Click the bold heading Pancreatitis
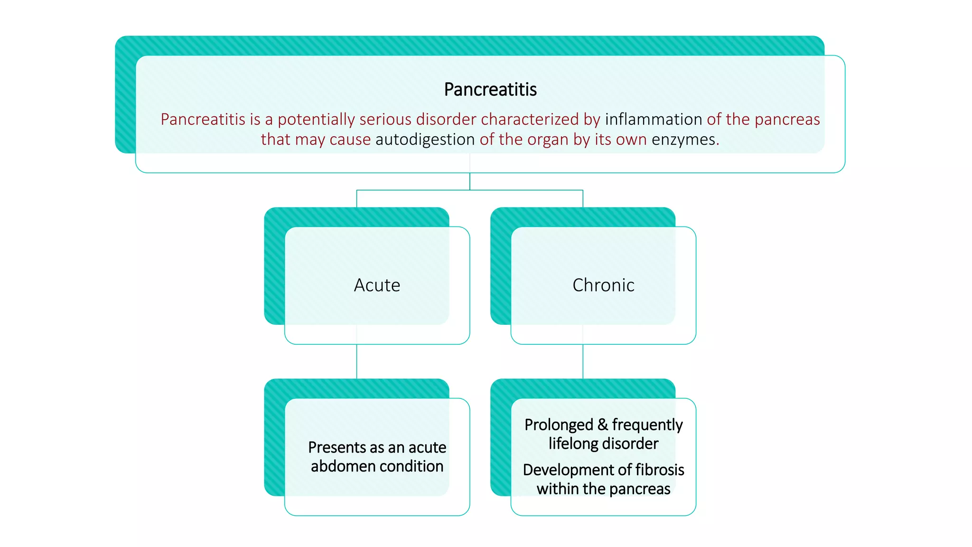pos(490,89)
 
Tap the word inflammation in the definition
pos(653,119)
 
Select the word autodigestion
pos(425,140)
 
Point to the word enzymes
pos(685,140)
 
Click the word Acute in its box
pos(377,285)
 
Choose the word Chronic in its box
pos(603,285)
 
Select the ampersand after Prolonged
pos(603,424)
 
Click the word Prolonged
pos(559,424)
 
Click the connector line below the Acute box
pos(356,361)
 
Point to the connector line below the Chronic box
pos(583,361)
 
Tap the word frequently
pos(647,424)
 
